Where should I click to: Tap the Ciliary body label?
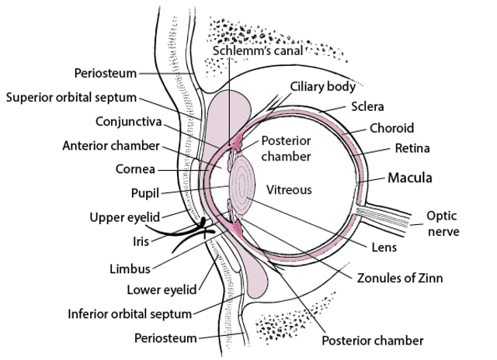(323, 85)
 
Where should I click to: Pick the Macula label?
(409, 178)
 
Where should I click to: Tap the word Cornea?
(136, 168)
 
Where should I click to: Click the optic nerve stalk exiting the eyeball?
(388, 215)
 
